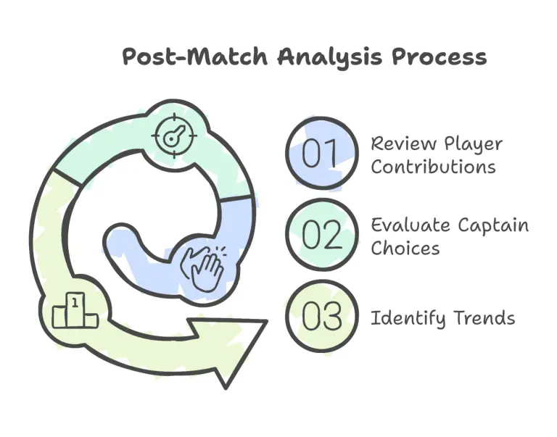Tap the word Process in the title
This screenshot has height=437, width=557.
439,57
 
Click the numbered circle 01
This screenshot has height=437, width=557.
321,154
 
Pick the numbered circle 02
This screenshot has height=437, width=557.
321,235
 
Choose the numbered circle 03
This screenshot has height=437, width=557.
321,316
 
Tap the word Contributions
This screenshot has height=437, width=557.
433,166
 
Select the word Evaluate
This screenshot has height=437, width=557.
410,225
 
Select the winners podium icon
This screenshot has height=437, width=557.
74,312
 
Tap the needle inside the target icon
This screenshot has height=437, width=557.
170,136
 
